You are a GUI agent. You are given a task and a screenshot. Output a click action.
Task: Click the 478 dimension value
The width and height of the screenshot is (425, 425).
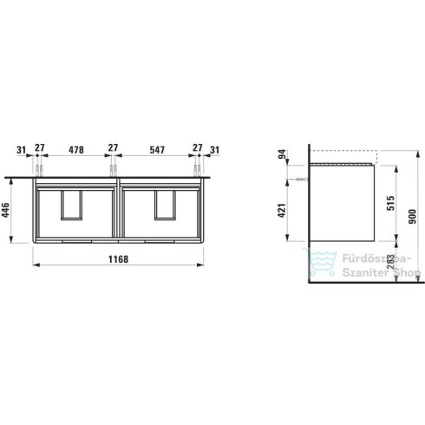[77, 149]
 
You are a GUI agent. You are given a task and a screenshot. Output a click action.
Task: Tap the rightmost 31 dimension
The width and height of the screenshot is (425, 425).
[214, 149]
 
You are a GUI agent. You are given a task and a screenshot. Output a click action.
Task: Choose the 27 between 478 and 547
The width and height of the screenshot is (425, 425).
[112, 149]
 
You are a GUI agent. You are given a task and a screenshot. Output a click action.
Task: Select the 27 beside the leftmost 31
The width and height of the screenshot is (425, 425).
[39, 149]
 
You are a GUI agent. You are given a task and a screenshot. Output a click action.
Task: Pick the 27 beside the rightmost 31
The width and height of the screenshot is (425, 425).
[198, 149]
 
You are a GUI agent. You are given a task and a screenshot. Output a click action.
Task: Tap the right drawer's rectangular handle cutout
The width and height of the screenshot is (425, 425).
[167, 206]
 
